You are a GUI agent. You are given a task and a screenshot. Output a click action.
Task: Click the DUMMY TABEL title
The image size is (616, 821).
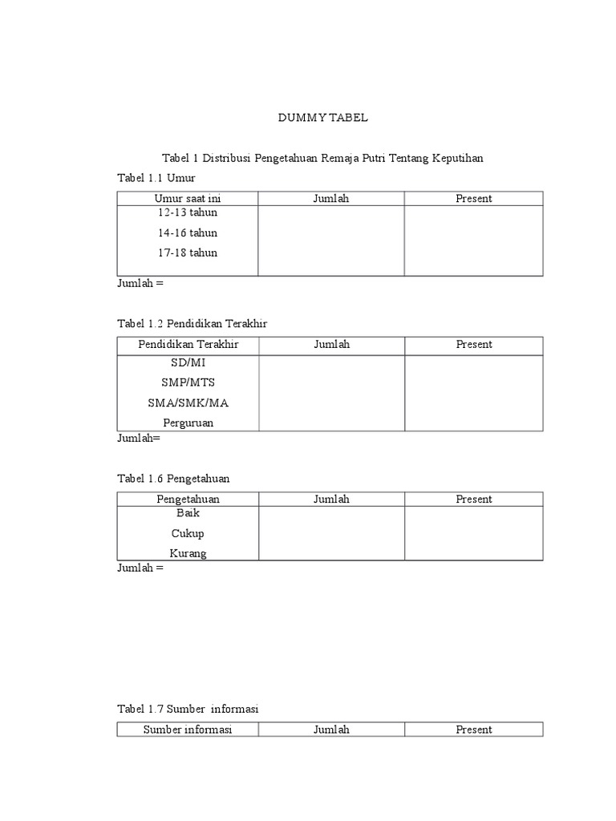(322, 117)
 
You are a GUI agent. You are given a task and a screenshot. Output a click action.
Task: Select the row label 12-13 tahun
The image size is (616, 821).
(187, 213)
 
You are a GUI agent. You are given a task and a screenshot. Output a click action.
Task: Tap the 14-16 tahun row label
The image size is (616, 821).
(187, 233)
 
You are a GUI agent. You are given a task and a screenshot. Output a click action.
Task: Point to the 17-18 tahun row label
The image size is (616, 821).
(187, 253)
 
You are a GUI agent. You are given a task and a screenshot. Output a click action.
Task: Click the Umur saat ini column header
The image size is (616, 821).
(187, 198)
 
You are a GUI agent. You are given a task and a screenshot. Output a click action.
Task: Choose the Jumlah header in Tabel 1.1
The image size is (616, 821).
(330, 198)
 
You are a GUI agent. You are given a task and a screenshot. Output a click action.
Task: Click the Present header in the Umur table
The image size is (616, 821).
(473, 198)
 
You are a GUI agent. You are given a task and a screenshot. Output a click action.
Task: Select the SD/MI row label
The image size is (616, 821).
(187, 362)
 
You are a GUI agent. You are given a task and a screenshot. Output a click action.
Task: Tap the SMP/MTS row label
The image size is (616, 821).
(187, 382)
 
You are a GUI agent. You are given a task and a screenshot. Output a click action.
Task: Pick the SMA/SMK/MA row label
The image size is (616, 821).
(187, 402)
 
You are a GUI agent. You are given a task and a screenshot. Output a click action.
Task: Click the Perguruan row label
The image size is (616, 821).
(187, 423)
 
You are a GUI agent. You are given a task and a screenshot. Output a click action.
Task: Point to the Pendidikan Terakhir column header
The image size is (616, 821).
(188, 345)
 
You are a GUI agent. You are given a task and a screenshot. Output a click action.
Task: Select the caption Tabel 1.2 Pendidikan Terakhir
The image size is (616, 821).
(192, 323)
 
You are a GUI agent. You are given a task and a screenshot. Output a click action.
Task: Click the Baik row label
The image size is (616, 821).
(187, 513)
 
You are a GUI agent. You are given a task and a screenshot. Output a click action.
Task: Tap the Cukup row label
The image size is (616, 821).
(187, 533)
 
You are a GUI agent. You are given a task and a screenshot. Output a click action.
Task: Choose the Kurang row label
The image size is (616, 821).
(187, 553)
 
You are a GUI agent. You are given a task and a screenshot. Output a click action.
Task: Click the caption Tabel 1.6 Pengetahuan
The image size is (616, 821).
(173, 478)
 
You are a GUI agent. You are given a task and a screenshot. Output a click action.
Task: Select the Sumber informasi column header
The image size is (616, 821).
(187, 730)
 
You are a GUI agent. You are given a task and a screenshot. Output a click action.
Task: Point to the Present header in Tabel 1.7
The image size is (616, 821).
(473, 730)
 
